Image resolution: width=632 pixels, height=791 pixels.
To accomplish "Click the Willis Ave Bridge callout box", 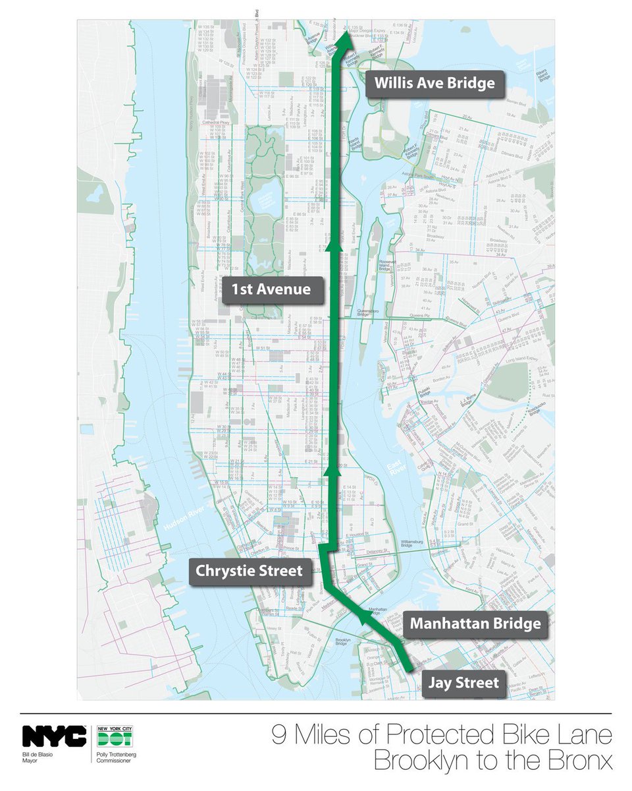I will point(434,83).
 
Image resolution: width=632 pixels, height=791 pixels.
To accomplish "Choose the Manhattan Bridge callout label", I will point(475,623).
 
